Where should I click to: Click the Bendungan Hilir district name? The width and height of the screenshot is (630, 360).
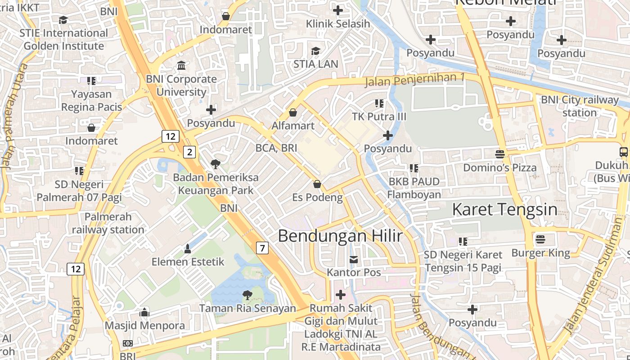coord(340,236)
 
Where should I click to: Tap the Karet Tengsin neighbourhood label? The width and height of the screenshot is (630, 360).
coord(504,210)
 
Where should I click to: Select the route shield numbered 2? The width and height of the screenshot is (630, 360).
coord(189,152)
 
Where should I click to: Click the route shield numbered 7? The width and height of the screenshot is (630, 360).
coord(262,247)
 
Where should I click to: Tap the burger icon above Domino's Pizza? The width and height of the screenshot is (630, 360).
coord(499,154)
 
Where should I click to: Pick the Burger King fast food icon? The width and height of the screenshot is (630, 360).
coord(540,239)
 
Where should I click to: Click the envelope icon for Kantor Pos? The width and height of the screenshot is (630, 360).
coord(354,259)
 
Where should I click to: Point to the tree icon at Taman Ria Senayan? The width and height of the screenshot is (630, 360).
coord(247,295)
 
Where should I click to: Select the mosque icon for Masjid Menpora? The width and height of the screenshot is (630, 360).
coord(144,312)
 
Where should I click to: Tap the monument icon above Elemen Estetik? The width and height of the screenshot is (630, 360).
coord(188,248)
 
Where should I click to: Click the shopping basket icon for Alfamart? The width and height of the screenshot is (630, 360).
coord(293,112)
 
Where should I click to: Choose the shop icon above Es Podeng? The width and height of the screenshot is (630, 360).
coord(317,184)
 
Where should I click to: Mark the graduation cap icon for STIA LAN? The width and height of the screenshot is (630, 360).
coord(315,51)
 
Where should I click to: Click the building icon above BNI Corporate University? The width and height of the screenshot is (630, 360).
coord(181,66)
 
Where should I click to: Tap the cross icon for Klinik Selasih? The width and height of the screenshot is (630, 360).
coord(337,10)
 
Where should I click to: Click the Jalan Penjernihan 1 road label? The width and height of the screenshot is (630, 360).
coord(414,80)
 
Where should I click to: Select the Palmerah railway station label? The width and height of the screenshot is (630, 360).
coord(108,223)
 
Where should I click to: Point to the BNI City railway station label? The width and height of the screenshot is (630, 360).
coord(580,106)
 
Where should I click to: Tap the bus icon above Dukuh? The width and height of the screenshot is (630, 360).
coord(624,152)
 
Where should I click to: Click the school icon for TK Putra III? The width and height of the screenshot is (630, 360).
coord(379,103)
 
